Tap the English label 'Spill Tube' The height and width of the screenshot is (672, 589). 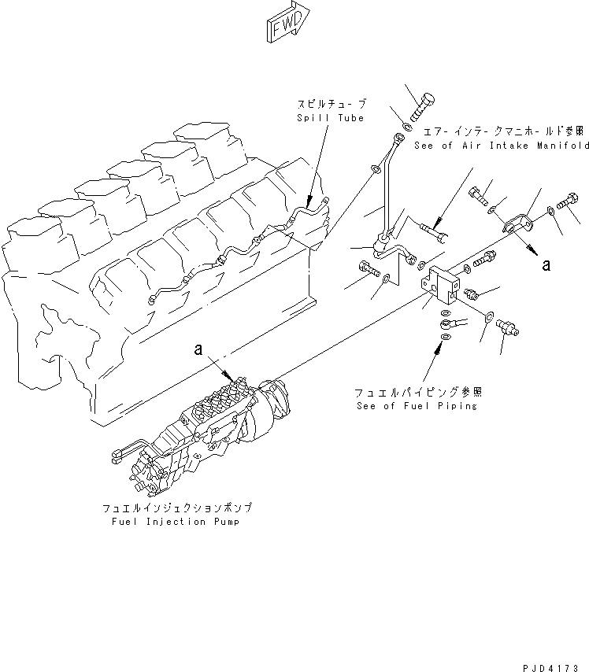click(331, 118)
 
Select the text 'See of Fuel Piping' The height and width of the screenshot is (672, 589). click(416, 406)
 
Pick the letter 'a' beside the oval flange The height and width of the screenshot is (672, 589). click(545, 266)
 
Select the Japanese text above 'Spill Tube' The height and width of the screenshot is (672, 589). click(331, 104)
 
